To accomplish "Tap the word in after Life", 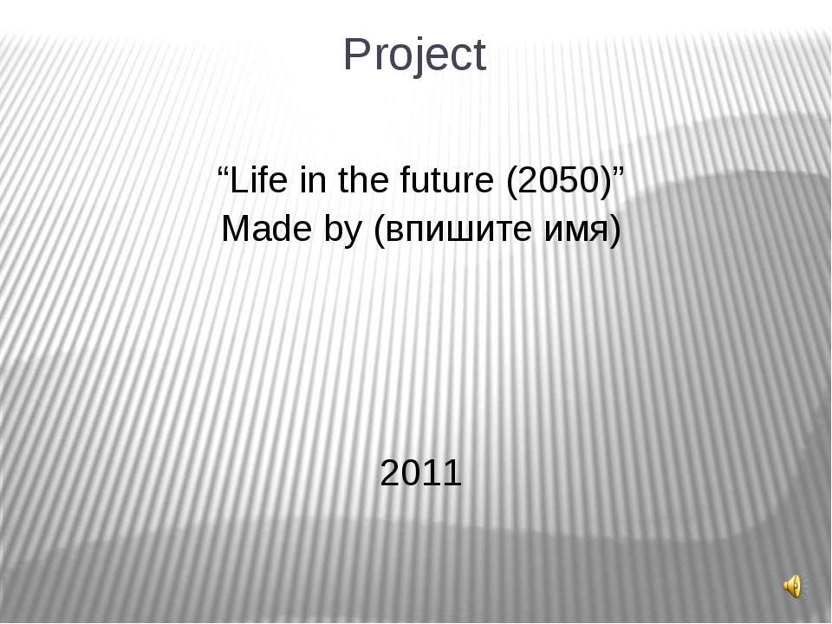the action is (313, 180).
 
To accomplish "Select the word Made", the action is (266, 229).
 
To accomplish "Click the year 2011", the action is (421, 473).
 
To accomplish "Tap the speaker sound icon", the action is (793, 586).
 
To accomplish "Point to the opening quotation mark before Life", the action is (223, 171).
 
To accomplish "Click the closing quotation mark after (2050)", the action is (619, 171).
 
